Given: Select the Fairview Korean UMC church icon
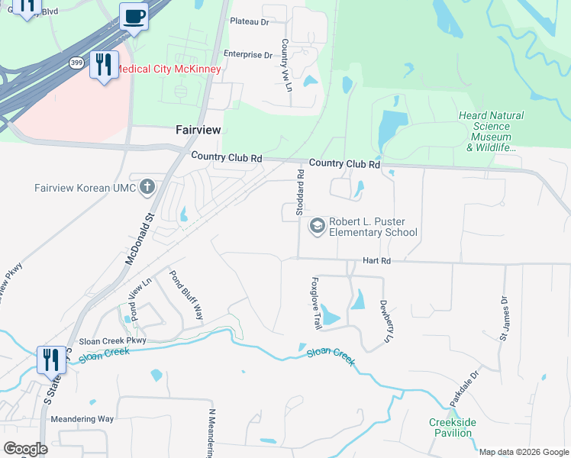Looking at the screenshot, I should point(147,187).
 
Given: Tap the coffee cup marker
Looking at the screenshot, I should point(134,16).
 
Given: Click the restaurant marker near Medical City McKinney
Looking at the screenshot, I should point(103,64).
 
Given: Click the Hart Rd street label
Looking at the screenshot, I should point(376,260).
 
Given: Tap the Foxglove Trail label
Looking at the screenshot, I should point(316,302).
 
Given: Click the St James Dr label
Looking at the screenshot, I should point(504,319).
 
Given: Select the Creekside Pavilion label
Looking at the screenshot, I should point(452,427).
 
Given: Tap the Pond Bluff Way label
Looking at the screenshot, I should point(186,295).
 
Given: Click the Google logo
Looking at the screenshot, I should point(25,449).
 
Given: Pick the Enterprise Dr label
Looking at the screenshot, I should point(247,55).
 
